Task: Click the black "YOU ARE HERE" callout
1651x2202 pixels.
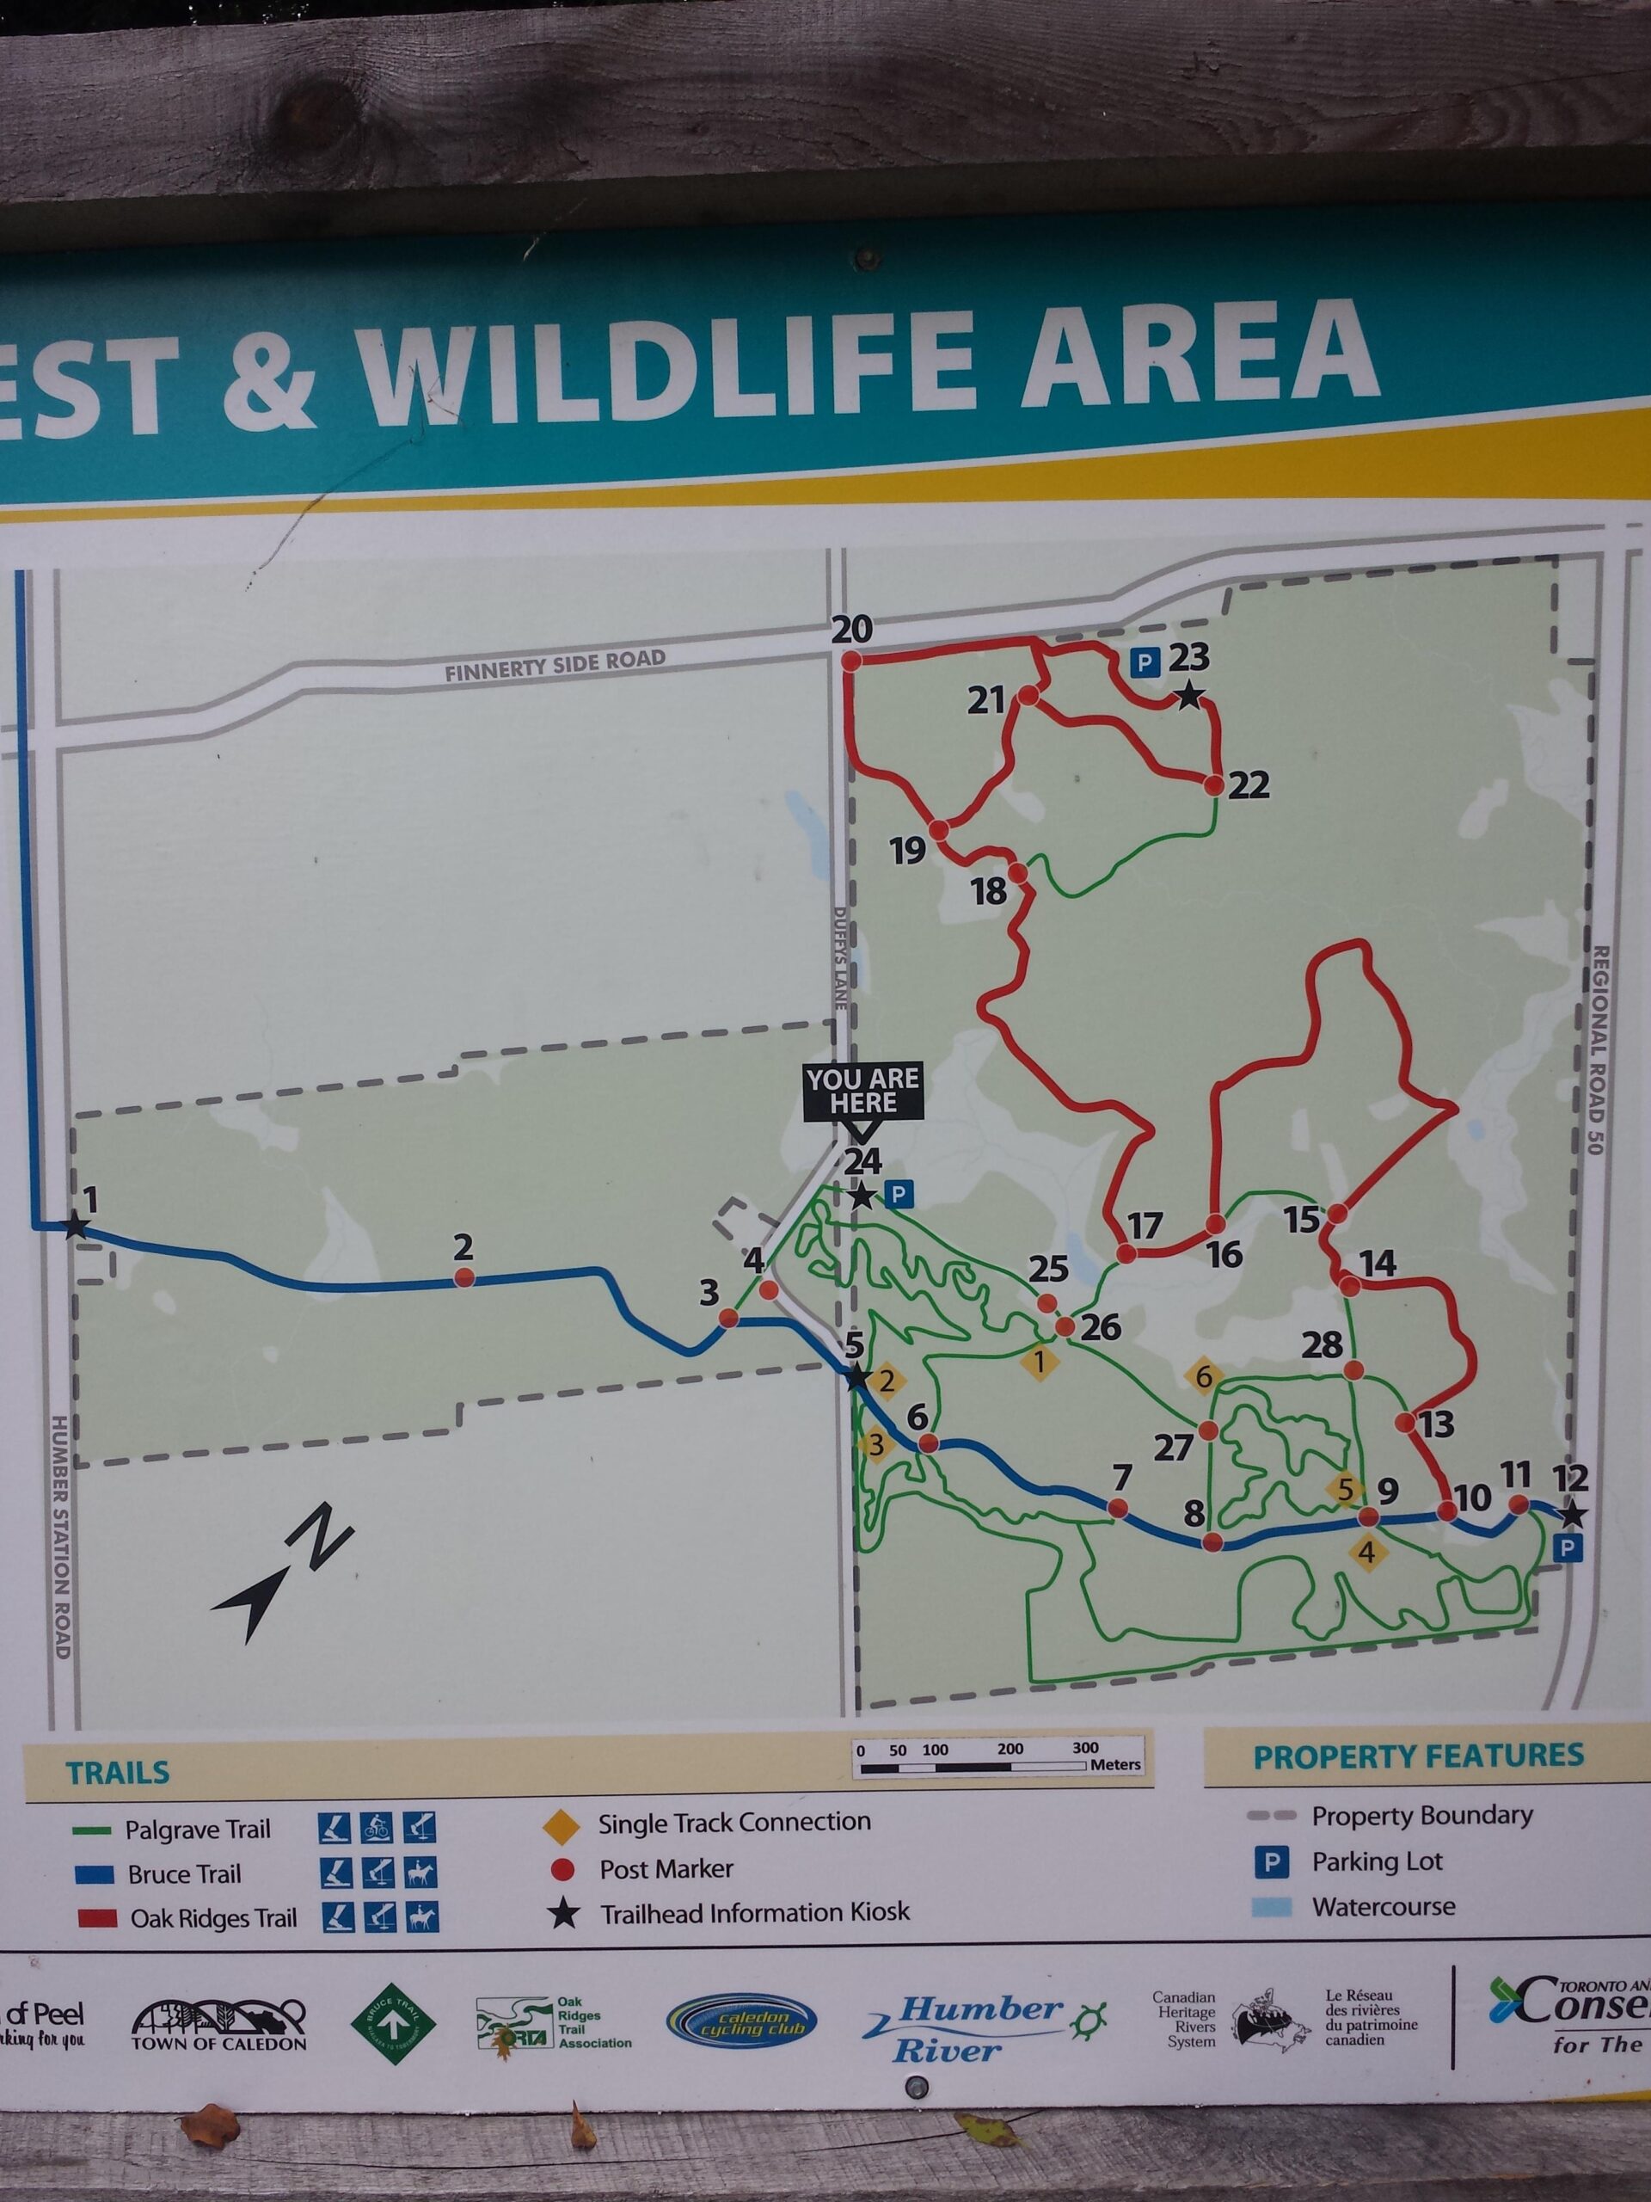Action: click(x=862, y=1093)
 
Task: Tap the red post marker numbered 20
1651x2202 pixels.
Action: click(x=851, y=660)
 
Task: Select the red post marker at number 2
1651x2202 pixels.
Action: click(x=463, y=1278)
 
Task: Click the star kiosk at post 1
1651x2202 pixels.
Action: click(x=75, y=1227)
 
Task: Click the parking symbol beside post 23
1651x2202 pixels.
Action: click(x=1149, y=662)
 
